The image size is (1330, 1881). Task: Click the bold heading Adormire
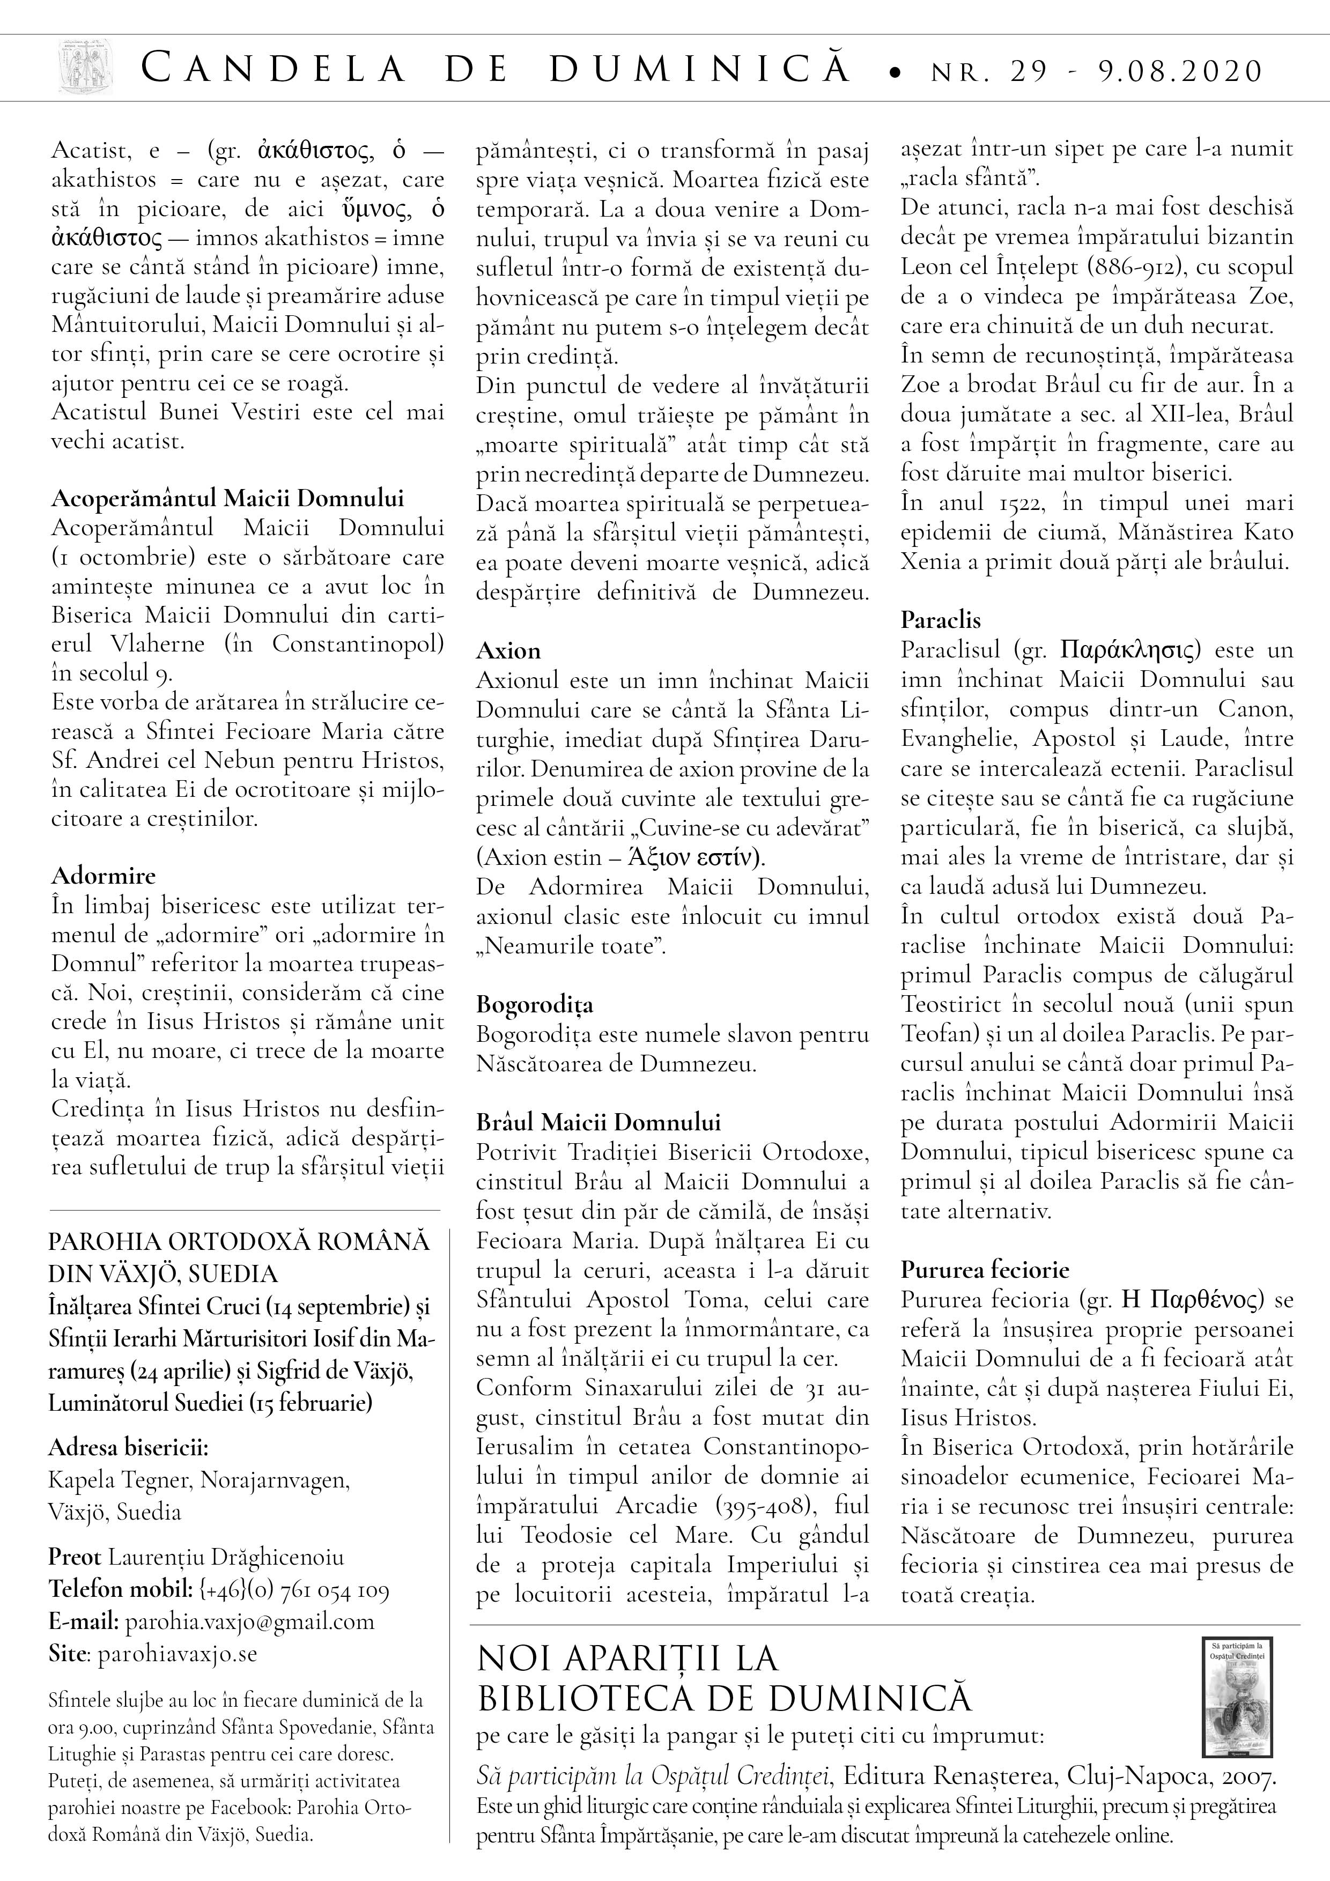(104, 876)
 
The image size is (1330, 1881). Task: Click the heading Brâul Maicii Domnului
(598, 1122)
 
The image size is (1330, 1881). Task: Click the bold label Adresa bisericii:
(129, 1448)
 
